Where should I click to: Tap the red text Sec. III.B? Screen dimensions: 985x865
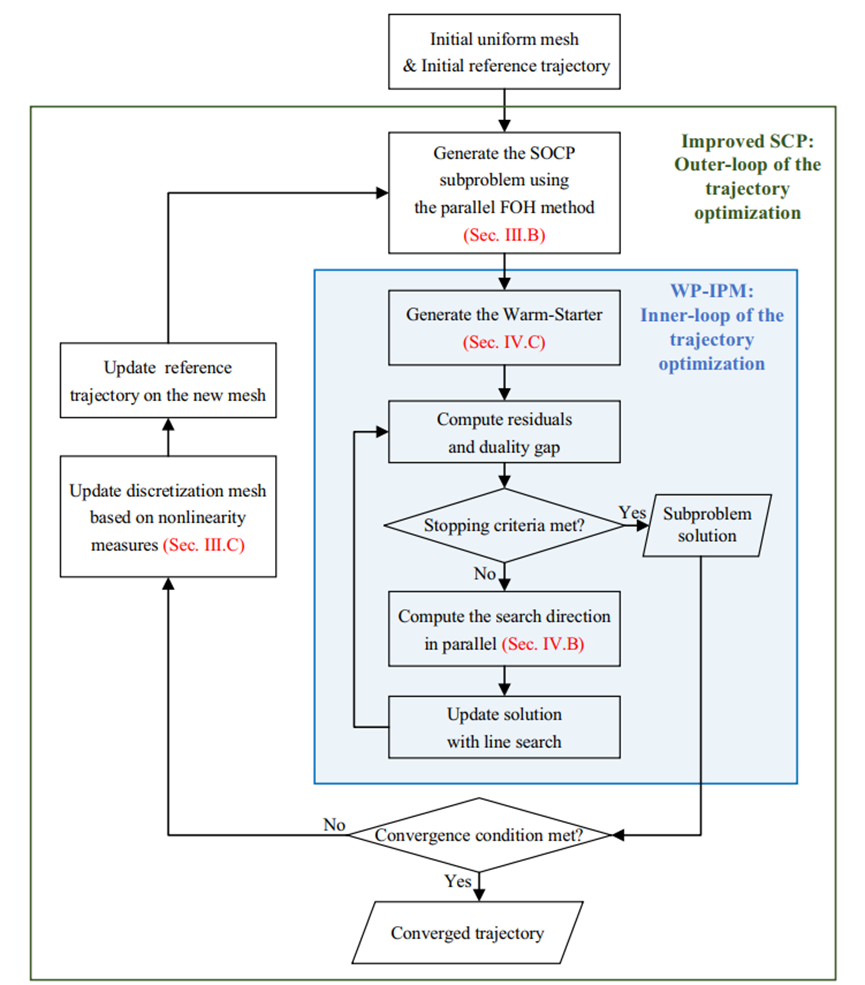click(x=504, y=236)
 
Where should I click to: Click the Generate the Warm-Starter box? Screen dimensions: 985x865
click(x=504, y=327)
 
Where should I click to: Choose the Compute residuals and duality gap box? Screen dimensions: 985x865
click(x=504, y=432)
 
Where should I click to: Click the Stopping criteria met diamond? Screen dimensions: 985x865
click(x=504, y=524)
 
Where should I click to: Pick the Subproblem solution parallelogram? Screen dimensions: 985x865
click(x=701, y=523)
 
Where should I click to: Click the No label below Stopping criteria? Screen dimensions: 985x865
click(x=483, y=574)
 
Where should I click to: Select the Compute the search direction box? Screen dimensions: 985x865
click(x=504, y=629)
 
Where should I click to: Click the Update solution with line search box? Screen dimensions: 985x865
click(x=504, y=727)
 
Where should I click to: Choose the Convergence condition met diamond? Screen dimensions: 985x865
click(x=481, y=834)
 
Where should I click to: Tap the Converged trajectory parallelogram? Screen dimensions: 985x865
click(x=467, y=933)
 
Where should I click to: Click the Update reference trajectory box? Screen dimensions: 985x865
click(x=167, y=380)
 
